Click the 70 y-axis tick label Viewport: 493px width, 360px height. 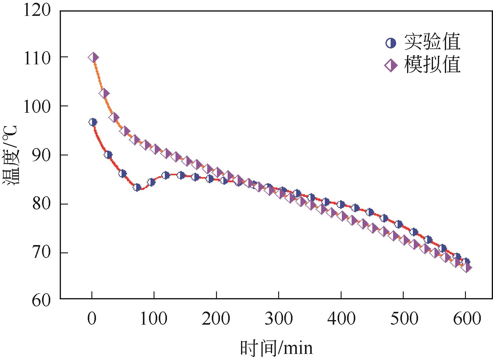tap(41, 253)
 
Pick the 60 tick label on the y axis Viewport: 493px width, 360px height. tap(41, 300)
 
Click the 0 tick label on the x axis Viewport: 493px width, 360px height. tap(92, 319)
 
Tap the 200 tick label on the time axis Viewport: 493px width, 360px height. tap(216, 319)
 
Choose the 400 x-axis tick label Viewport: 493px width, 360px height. tap(341, 319)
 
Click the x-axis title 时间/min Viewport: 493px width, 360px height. tap(276, 348)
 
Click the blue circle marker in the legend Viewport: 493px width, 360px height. tap(391, 43)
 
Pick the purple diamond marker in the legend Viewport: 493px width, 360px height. tap(391, 66)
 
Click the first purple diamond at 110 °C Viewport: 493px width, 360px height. tap(93, 57)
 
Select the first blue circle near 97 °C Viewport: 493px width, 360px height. tap(93, 122)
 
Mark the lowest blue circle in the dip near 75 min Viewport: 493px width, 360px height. tap(137, 187)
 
